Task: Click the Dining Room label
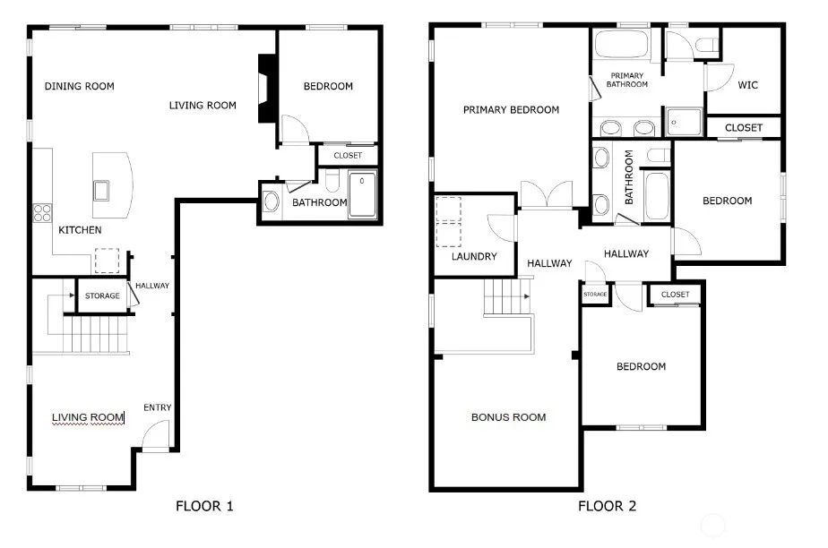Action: (x=79, y=86)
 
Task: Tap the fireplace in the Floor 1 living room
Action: (x=267, y=88)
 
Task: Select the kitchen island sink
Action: (x=101, y=191)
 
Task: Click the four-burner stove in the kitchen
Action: (x=42, y=213)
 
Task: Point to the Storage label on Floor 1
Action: (x=102, y=295)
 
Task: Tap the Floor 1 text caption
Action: (x=204, y=506)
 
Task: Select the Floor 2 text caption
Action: (x=608, y=506)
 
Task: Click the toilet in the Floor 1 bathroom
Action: (x=332, y=180)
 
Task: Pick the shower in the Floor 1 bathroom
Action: (x=362, y=194)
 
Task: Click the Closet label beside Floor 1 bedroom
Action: (x=348, y=156)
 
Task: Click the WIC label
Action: (x=747, y=85)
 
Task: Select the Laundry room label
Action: (x=474, y=256)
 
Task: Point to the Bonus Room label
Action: (x=508, y=417)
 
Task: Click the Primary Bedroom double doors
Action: (x=547, y=194)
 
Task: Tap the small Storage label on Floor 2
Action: (x=595, y=295)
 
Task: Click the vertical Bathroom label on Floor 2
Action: (x=628, y=177)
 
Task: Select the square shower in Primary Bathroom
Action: (x=684, y=123)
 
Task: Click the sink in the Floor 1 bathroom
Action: (x=271, y=201)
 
